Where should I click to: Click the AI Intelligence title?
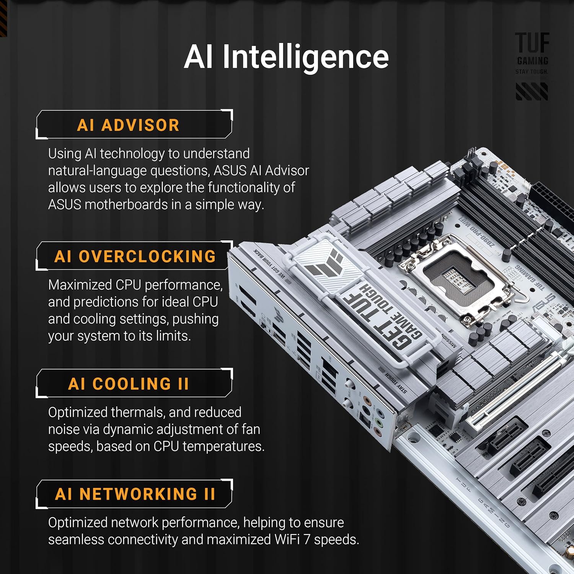coord(286,57)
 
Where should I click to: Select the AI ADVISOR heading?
coord(128,125)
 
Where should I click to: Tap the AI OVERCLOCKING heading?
coord(135,256)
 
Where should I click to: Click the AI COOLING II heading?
coord(129,384)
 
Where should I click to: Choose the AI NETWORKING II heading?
coord(135,494)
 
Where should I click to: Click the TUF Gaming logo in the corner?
coord(532,54)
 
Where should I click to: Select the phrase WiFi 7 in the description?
coord(292,540)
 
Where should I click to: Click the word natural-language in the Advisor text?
coord(98,171)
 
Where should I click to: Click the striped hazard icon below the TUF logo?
coord(532,92)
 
